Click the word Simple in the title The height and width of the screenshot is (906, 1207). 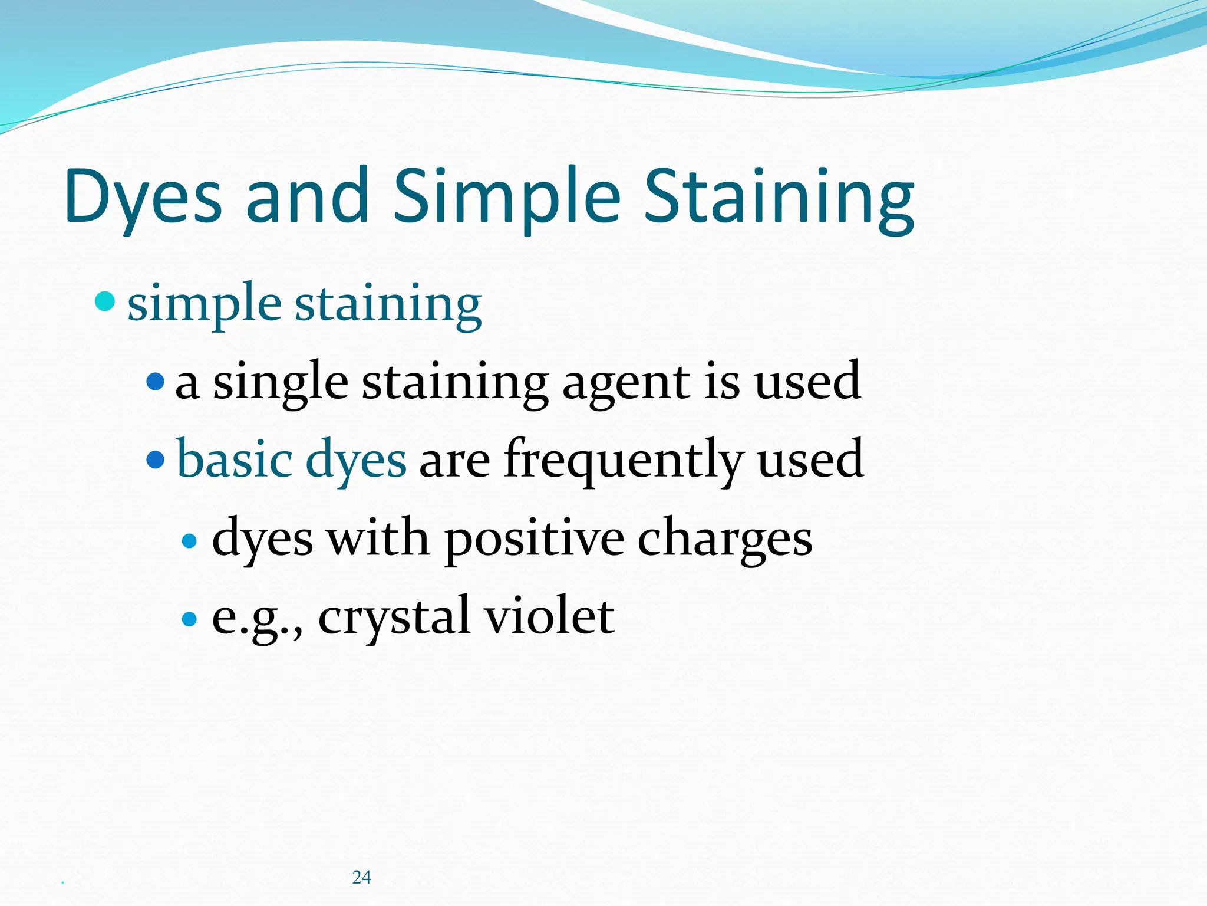coord(506,198)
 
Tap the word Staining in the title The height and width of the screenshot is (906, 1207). coord(779,198)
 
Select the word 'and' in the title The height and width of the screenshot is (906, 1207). coord(306,198)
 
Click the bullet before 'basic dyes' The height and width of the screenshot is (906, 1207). coord(155,459)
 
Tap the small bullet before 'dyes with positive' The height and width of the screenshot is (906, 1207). coord(189,540)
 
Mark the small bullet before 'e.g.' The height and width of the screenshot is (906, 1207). coord(189,619)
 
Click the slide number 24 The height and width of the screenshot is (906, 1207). coord(361,877)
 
